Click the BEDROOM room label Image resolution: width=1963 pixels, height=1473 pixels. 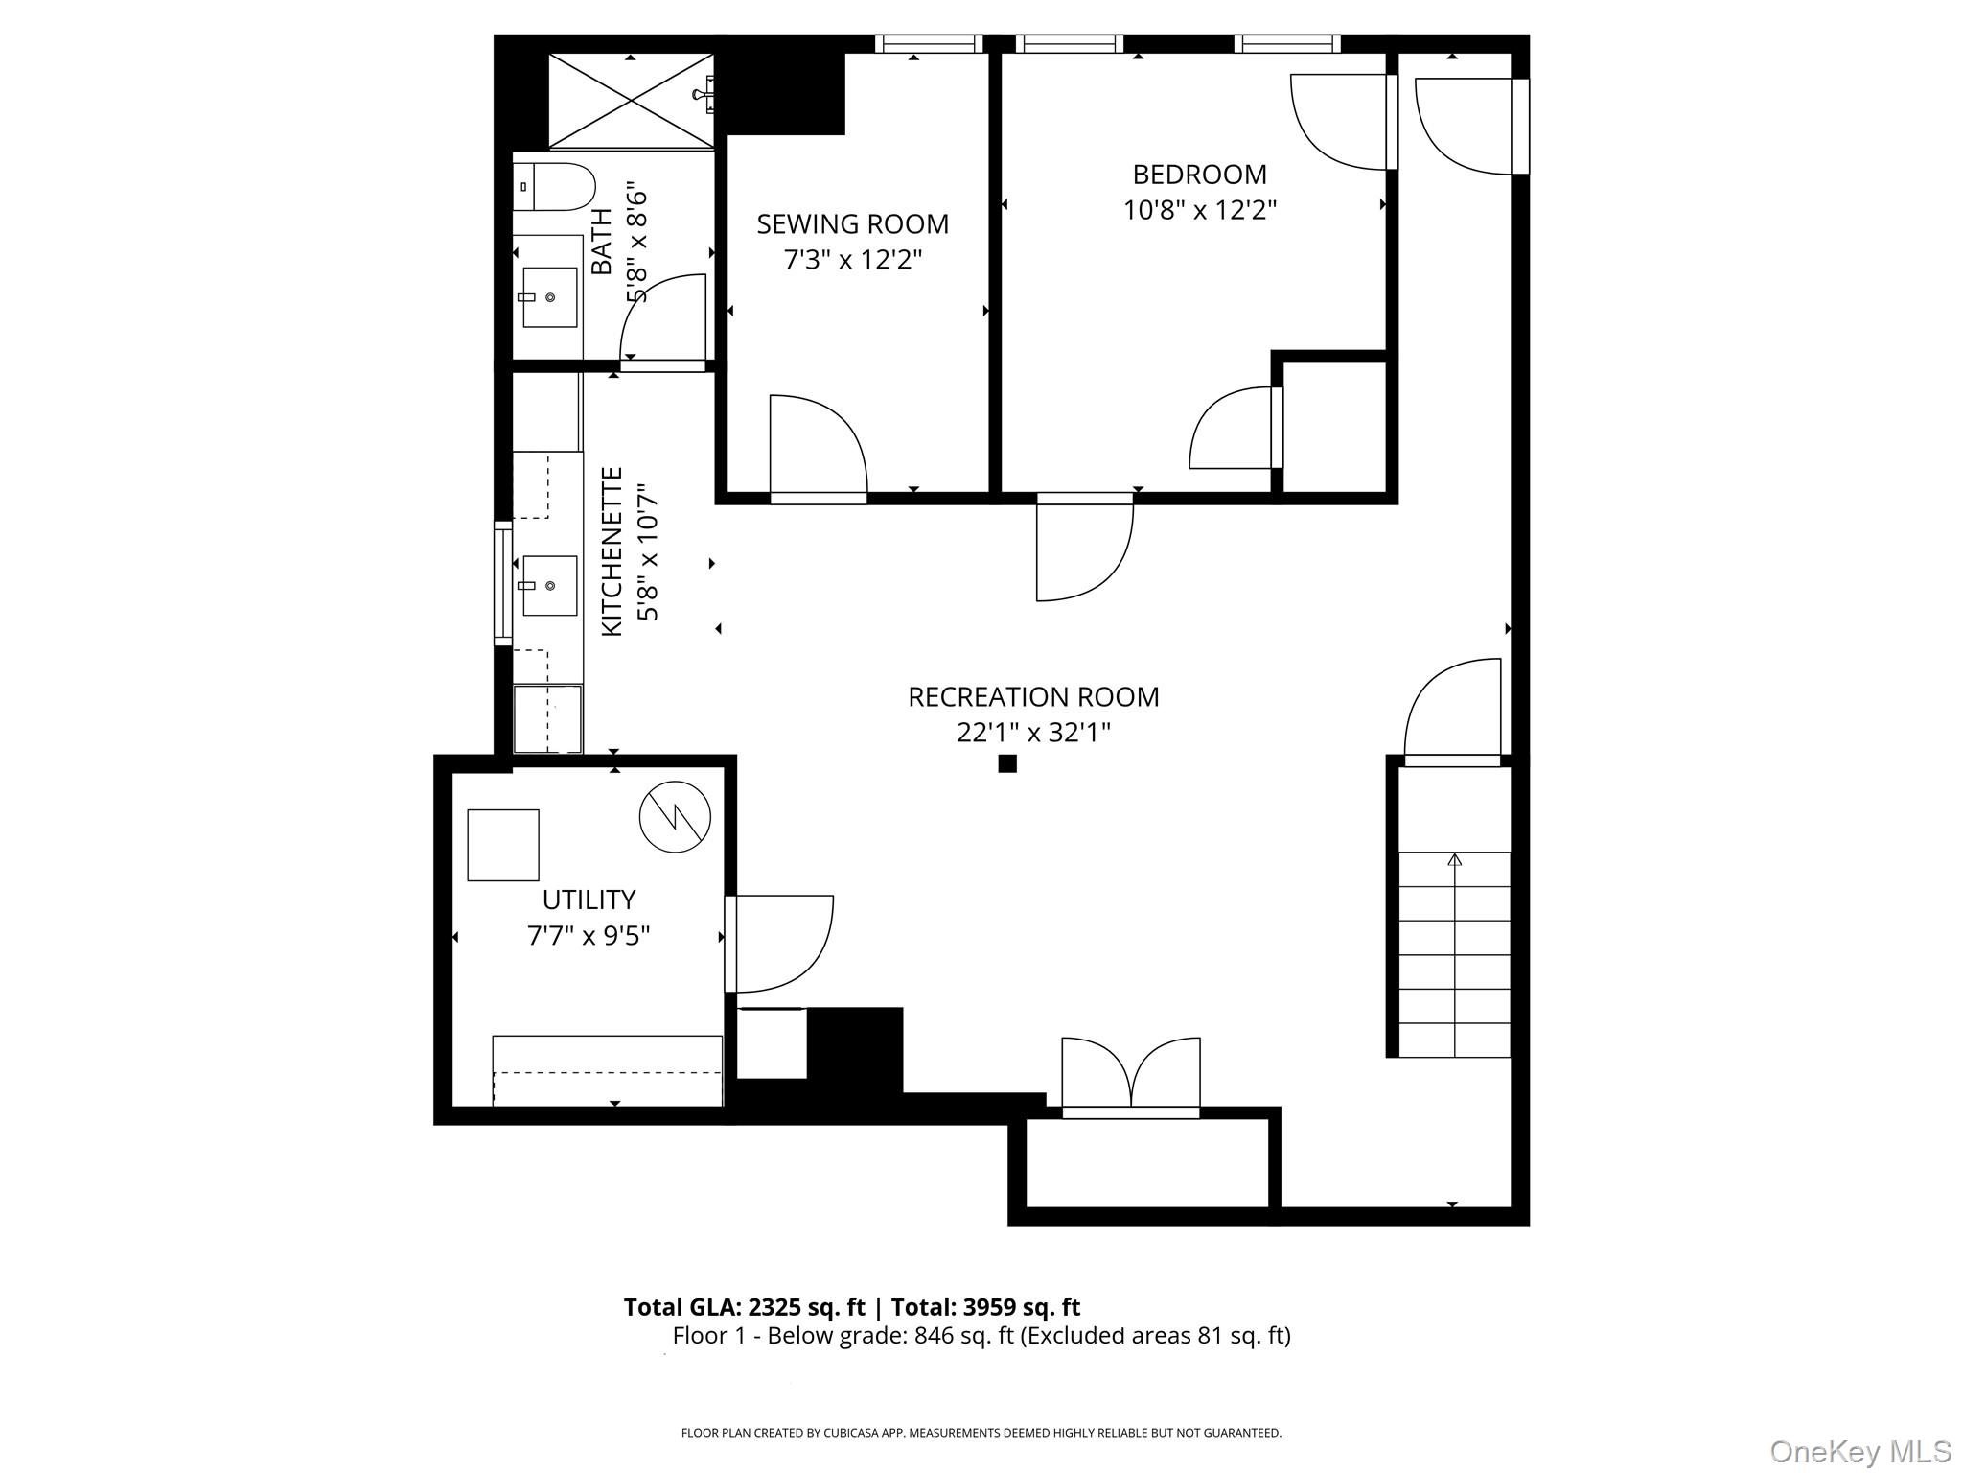click(1199, 175)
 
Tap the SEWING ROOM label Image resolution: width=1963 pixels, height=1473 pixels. click(852, 224)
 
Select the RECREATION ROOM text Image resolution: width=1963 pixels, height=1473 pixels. click(1033, 697)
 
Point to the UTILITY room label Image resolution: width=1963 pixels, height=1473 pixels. click(589, 900)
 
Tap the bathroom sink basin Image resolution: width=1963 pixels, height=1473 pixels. click(549, 297)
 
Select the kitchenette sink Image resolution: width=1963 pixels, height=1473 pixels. click(549, 585)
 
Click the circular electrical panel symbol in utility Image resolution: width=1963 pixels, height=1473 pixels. click(675, 818)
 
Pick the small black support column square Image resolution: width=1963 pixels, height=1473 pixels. click(1007, 763)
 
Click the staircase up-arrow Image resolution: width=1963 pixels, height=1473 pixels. click(1455, 859)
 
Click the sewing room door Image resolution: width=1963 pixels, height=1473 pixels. click(818, 446)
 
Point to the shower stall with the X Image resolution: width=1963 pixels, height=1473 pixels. click(631, 101)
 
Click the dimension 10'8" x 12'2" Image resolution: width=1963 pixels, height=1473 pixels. click(1199, 210)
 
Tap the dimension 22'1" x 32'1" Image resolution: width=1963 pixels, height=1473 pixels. click(1033, 733)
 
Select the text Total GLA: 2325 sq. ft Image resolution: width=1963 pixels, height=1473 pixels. click(744, 1307)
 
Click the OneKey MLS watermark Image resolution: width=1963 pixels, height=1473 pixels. click(1859, 1451)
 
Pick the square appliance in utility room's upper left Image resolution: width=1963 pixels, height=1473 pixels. click(502, 845)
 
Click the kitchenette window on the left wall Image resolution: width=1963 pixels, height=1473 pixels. click(502, 583)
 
